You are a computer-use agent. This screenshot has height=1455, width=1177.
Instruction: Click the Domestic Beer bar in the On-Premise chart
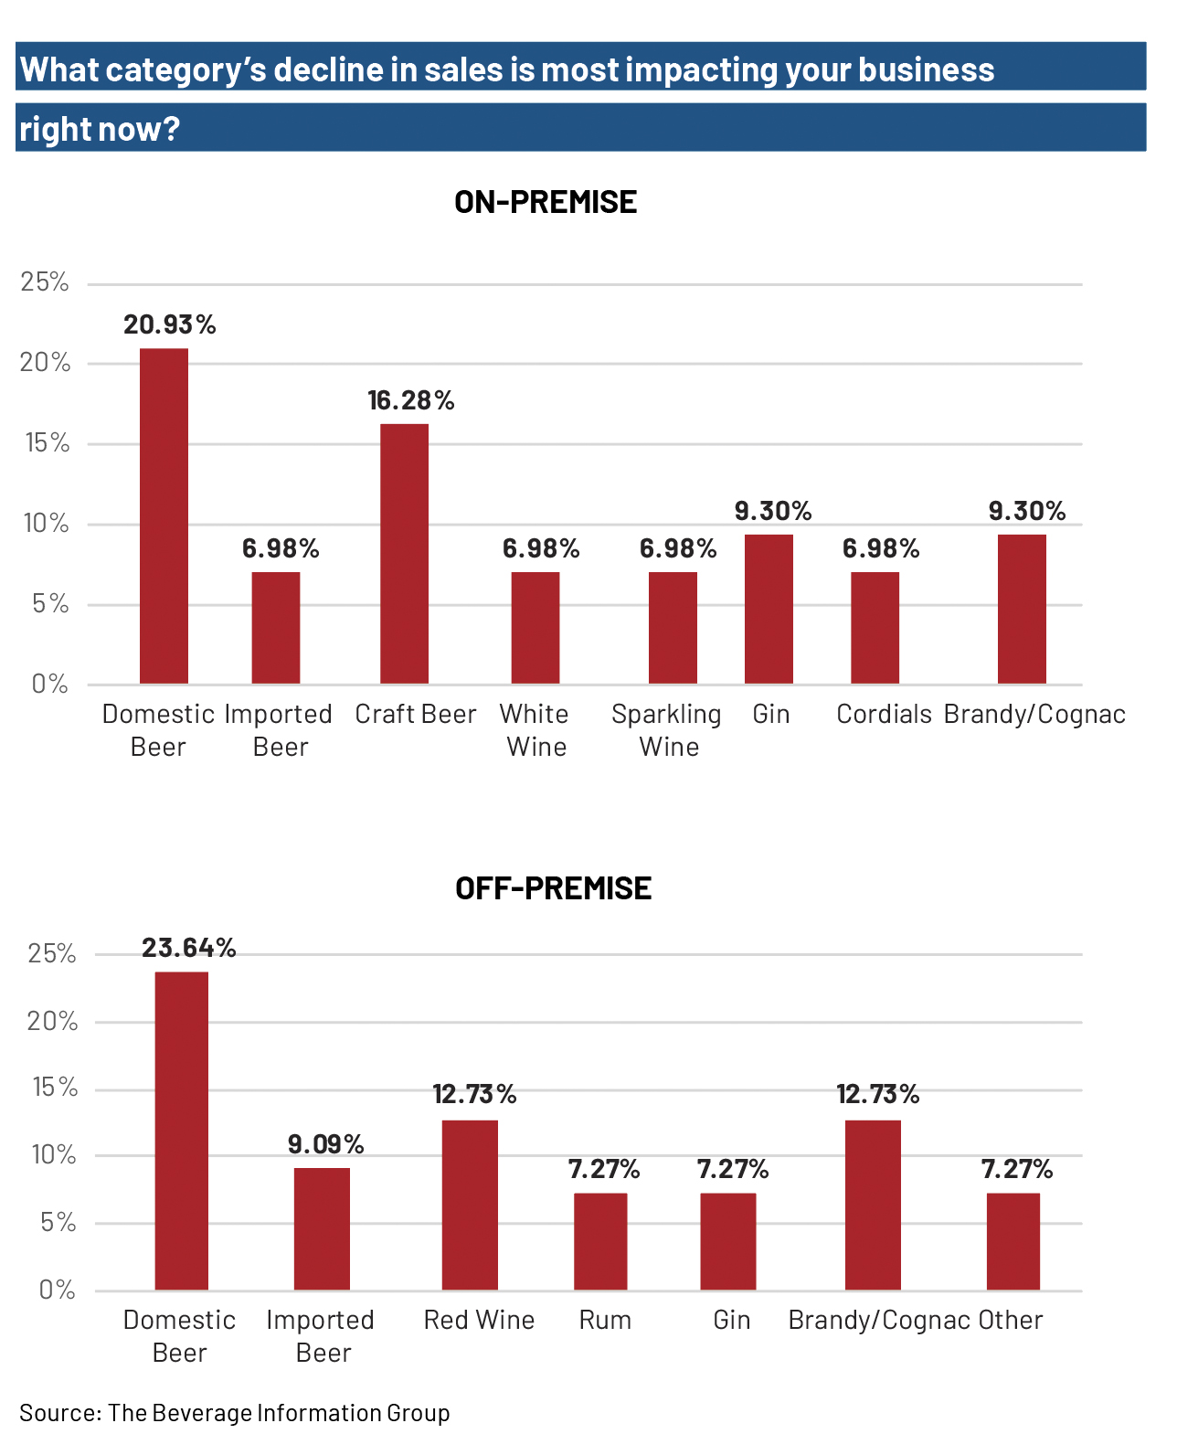pos(164,515)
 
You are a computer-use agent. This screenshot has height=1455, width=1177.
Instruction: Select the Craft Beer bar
pos(404,553)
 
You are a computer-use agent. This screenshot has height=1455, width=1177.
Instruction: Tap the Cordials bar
pos(875,627)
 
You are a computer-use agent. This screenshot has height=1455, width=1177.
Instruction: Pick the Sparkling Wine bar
pos(673,627)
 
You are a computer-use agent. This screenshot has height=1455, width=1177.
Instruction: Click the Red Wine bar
pos(470,1205)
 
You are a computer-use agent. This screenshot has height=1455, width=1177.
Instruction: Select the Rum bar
pos(600,1241)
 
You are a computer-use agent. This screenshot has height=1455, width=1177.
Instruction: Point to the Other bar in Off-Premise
pos(1013,1241)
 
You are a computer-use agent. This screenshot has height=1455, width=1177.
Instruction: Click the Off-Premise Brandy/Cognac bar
pos(873,1205)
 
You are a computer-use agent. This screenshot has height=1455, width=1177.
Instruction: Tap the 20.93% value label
pos(170,324)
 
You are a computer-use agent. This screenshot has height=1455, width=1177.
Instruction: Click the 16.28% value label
pos(411,400)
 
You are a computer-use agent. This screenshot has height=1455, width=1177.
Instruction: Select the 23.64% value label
pos(188,948)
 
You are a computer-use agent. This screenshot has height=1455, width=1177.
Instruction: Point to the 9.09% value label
pos(325,1144)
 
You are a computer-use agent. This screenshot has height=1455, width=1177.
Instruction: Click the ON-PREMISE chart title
pos(546,202)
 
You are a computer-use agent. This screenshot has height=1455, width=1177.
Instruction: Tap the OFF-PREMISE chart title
pos(553,888)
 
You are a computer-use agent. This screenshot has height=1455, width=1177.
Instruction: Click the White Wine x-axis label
pos(535,730)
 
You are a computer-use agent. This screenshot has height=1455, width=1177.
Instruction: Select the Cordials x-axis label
pos(884,714)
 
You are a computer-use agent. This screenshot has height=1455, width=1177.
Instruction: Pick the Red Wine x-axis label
pos(479,1320)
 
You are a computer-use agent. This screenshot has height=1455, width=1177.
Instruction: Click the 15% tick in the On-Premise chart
pos(47,443)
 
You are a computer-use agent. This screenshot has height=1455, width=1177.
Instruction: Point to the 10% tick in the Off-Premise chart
pos(54,1155)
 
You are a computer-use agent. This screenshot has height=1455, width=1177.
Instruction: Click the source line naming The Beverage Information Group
pos(235,1413)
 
